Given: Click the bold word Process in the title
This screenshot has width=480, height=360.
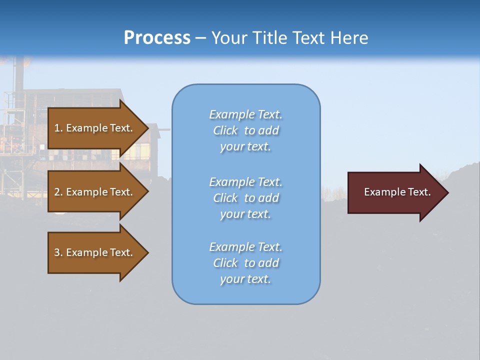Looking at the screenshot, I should (157, 38).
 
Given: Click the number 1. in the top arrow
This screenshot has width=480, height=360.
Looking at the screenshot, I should (58, 128).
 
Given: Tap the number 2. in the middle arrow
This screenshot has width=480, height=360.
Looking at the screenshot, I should (58, 192).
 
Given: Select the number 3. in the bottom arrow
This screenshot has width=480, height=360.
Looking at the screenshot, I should (58, 252).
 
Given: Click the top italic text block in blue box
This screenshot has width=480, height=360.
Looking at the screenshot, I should (245, 130).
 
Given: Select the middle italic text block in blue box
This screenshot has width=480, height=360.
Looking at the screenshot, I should (245, 198).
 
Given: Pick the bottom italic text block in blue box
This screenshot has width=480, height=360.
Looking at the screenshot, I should (245, 263).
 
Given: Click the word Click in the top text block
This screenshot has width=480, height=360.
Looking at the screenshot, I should (225, 130).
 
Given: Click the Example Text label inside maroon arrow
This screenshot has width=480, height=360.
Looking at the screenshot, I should (397, 192).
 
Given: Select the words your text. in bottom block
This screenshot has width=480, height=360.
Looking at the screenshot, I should (245, 279).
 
